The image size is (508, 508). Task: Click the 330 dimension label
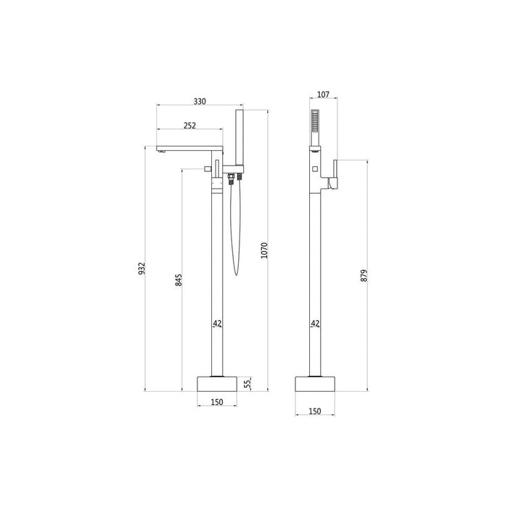[200, 102]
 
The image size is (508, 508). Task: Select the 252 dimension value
[189, 126]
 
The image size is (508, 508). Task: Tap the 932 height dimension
[142, 269]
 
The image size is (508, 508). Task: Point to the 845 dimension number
[179, 280]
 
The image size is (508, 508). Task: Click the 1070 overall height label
[264, 250]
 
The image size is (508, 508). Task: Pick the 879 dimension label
[364, 275]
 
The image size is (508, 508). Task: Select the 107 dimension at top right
[323, 94]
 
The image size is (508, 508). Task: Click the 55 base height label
[247, 384]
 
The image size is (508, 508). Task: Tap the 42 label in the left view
[217, 324]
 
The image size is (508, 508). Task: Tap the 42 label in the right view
[315, 324]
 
